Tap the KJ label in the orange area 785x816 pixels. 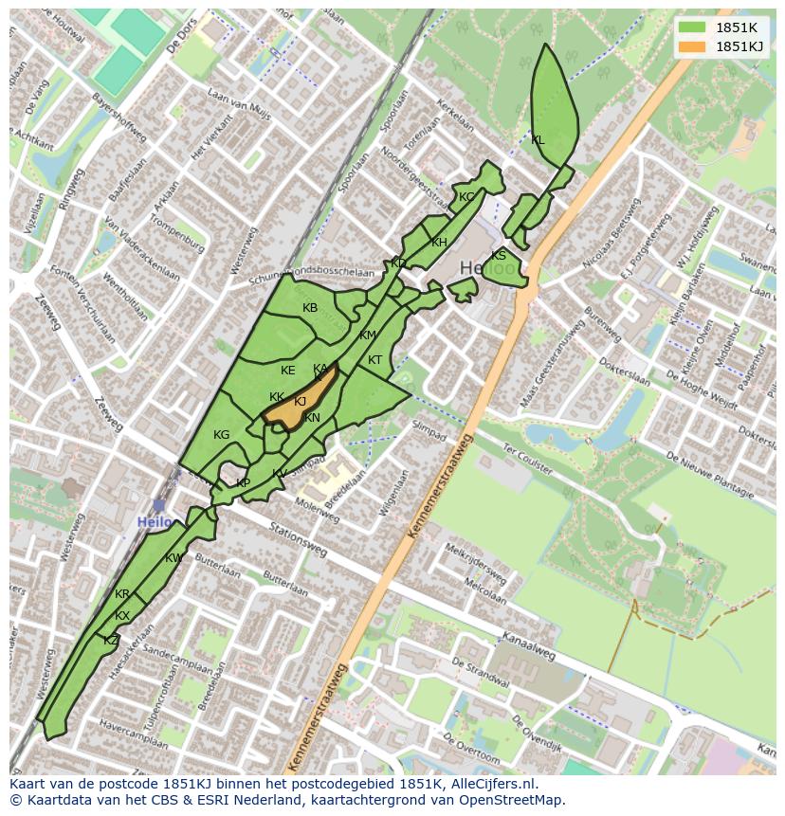[x=300, y=402]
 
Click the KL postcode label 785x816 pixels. [x=538, y=140]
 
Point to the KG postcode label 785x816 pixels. [x=221, y=435]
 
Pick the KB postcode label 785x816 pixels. [x=310, y=308]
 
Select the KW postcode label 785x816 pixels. [x=173, y=558]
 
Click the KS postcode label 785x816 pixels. [x=499, y=256]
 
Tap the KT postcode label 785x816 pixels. [x=374, y=360]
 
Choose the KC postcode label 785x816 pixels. [x=466, y=197]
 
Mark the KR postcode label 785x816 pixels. [x=122, y=594]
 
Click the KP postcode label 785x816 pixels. [x=244, y=483]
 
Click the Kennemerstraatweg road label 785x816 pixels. [x=440, y=488]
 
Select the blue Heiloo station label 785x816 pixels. [x=155, y=522]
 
